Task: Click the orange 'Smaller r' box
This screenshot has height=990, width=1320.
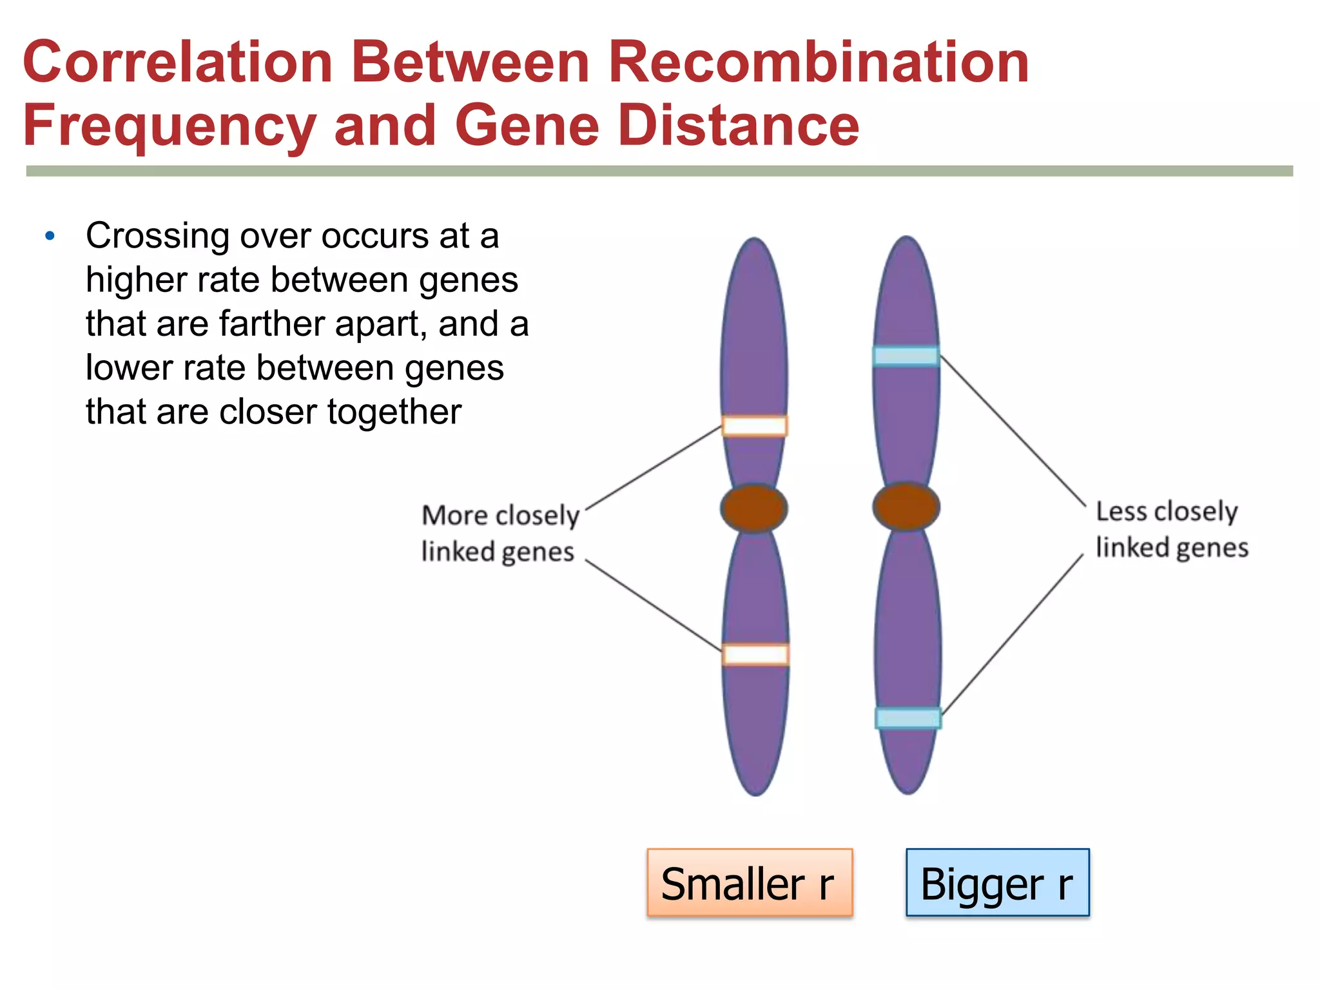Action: [x=750, y=882]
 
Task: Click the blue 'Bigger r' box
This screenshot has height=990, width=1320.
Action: [x=997, y=882]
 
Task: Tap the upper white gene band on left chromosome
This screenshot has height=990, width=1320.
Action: [x=754, y=426]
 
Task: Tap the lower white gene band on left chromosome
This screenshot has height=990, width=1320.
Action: [x=755, y=654]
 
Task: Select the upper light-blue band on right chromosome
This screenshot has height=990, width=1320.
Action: [x=906, y=356]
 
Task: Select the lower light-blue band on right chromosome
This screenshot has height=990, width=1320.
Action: [x=907, y=718]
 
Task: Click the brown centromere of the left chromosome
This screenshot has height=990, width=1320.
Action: [x=753, y=508]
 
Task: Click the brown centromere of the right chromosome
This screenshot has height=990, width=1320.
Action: [x=906, y=507]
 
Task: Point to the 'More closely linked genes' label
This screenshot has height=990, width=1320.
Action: [x=500, y=533]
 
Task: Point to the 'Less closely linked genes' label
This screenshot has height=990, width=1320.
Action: [x=1171, y=529]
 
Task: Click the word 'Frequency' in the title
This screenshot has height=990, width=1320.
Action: [x=169, y=126]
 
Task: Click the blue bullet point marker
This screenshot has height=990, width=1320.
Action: [x=50, y=237]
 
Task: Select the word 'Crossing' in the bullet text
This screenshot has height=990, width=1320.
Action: [x=157, y=237]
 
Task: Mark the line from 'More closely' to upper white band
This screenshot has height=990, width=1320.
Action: [x=653, y=468]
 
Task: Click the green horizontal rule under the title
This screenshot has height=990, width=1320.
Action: [x=659, y=171]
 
